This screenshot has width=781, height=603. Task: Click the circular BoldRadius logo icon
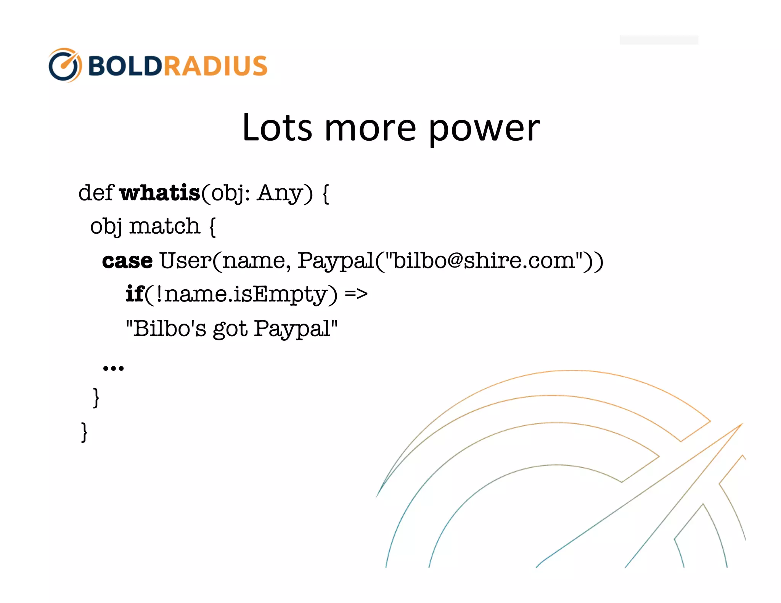pos(65,65)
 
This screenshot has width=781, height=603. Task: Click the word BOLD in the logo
pos(125,66)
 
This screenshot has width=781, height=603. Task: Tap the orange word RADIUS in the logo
pos(215,66)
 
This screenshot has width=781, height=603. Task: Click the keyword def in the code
pos(96,192)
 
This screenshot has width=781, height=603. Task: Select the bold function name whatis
pos(160,192)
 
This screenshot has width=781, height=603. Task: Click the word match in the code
pos(164,226)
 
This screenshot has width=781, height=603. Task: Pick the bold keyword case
pos(127,261)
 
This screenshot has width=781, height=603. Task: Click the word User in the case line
pos(185,261)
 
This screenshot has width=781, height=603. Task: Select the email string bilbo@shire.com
pos(484,261)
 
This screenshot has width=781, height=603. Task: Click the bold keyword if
pos(135,294)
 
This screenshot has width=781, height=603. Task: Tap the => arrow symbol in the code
pos(356,294)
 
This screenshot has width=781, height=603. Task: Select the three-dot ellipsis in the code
pos(113,368)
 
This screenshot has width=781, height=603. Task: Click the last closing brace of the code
pos(84,432)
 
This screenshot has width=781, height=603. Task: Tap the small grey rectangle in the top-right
pos(659,40)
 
